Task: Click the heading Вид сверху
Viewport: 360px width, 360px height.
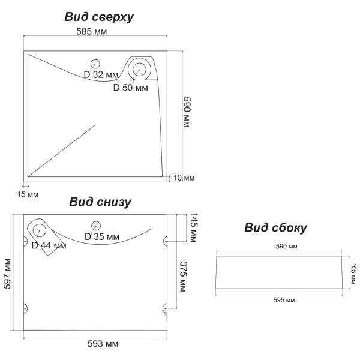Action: coord(99,17)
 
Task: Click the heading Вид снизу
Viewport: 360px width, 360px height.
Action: coord(100,202)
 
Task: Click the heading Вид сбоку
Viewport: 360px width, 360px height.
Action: coord(275,227)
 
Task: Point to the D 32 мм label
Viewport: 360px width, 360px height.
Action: coord(102,74)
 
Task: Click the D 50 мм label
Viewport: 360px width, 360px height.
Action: coord(130,88)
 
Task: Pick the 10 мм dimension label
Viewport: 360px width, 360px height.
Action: coord(184,178)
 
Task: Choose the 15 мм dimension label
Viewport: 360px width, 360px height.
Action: coord(29,194)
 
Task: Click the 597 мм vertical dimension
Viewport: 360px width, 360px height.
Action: coord(9,274)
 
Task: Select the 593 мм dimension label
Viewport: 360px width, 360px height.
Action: coord(103,344)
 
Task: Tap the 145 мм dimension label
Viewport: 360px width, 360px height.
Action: coord(193,227)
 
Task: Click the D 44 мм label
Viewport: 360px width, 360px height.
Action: coord(49,245)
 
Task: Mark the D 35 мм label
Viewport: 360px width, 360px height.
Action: coord(102,236)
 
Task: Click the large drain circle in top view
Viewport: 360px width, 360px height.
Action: coord(140,68)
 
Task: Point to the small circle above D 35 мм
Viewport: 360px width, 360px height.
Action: coord(95,226)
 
